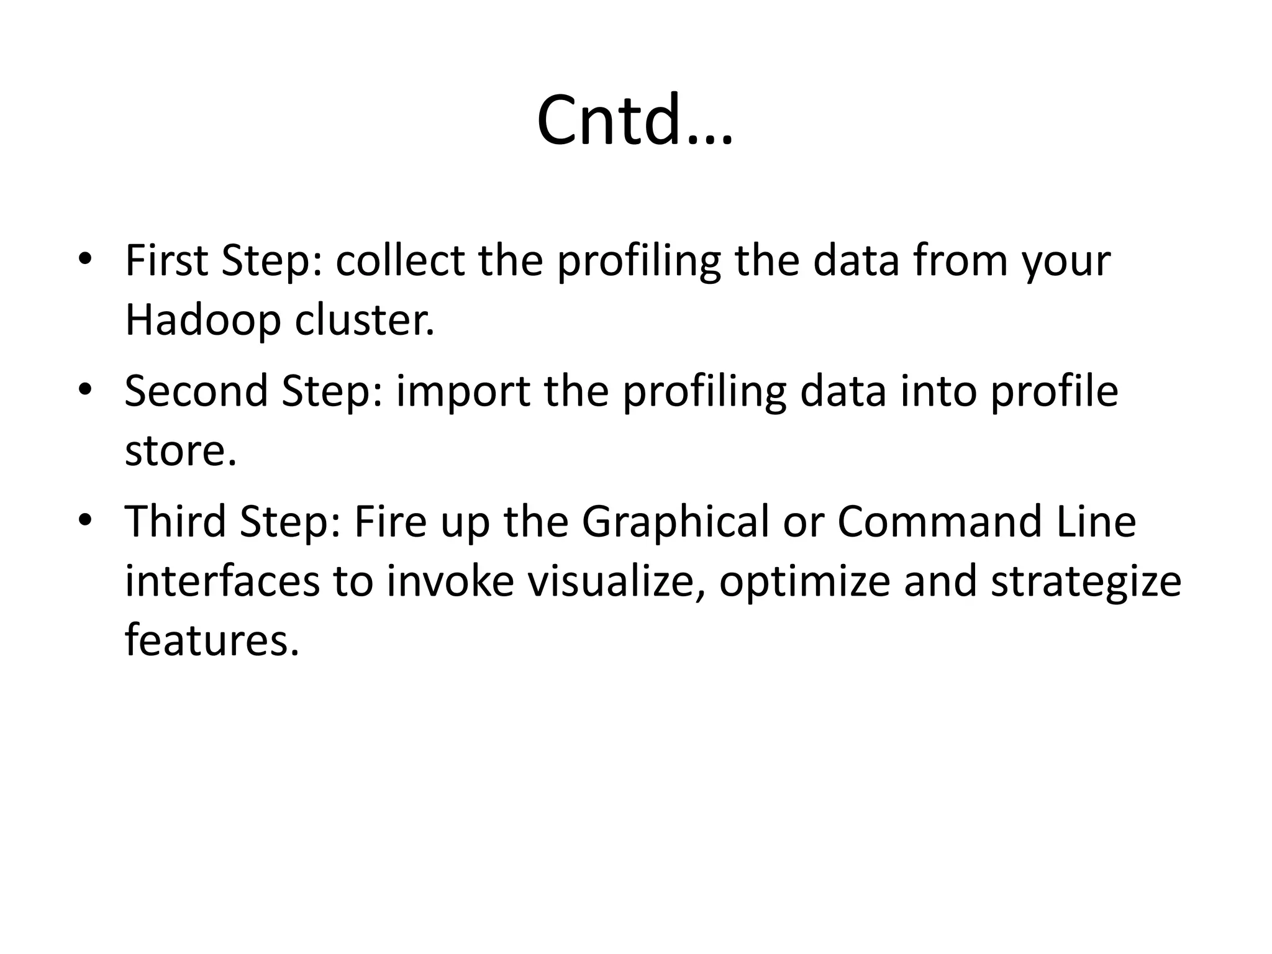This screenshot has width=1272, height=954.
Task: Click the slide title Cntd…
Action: coord(635,121)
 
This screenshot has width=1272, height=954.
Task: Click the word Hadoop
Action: coord(202,320)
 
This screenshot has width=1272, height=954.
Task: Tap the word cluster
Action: coord(364,320)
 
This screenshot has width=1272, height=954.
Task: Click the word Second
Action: coord(196,391)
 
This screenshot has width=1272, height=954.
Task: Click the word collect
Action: coord(400,261)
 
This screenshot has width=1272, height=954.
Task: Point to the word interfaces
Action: coord(222,581)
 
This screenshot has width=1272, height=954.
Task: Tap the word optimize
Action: coord(804,583)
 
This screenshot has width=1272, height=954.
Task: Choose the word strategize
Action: coord(1086,583)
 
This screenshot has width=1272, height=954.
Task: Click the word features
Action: coord(212,641)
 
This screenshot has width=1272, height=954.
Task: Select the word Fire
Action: coord(390,522)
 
